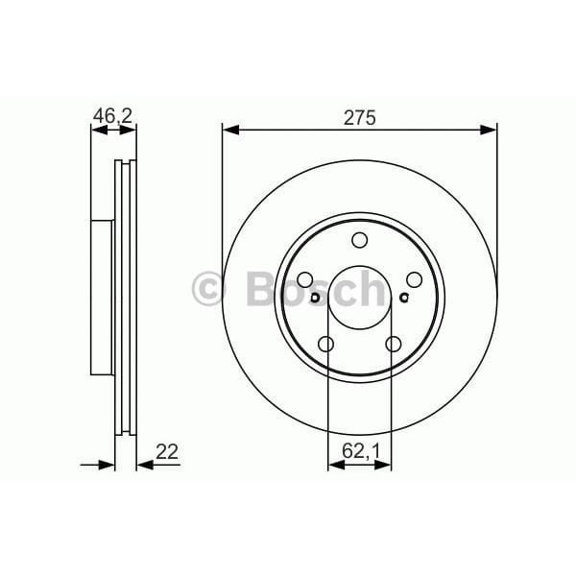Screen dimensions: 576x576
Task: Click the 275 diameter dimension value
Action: click(x=360, y=118)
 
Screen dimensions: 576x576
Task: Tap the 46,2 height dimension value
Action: click(x=112, y=118)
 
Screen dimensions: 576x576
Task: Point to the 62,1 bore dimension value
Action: click(x=360, y=449)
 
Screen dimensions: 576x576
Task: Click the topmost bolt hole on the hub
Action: click(x=360, y=240)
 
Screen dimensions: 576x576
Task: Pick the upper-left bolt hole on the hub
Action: click(x=305, y=279)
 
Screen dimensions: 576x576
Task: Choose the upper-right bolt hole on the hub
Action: click(x=415, y=279)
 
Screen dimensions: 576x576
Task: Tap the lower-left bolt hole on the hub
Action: click(x=326, y=344)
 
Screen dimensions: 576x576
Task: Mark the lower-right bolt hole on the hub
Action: click(x=394, y=344)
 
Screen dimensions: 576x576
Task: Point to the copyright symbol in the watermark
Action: click(x=209, y=288)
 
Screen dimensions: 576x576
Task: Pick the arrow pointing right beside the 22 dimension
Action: click(x=108, y=465)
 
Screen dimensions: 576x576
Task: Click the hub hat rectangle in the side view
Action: click(x=101, y=298)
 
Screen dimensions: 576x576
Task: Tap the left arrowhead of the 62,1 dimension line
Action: click(x=334, y=465)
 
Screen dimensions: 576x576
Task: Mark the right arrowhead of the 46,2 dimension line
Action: click(x=131, y=130)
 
